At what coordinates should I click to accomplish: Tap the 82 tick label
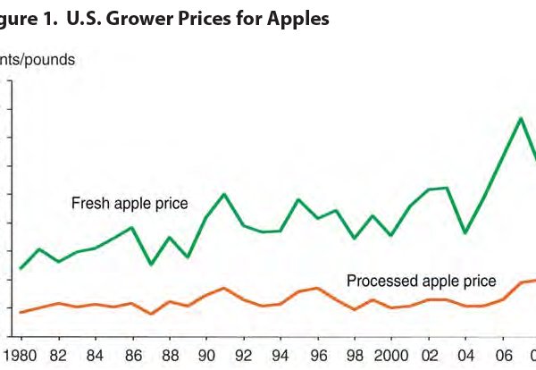58,353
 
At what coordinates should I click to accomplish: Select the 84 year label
95,353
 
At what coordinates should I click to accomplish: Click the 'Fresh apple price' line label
130,204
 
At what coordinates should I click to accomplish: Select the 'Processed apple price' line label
421,281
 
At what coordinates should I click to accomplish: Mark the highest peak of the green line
521,118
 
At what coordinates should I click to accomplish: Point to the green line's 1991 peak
224,194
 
